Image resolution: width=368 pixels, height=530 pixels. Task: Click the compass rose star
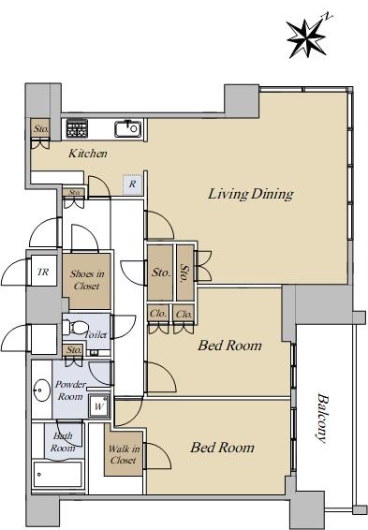(x=307, y=38)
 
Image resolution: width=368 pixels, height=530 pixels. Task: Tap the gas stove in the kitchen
(x=77, y=128)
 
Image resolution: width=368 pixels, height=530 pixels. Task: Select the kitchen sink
(x=127, y=128)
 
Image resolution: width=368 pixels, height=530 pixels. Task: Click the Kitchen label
(x=88, y=154)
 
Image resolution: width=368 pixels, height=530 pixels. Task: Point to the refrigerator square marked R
(x=133, y=184)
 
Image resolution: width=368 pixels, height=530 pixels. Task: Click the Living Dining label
(x=251, y=194)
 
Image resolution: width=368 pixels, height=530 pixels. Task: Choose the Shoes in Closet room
(x=87, y=281)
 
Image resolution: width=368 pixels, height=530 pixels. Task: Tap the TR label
(x=43, y=272)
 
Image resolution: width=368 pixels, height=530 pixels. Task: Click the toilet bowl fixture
(x=76, y=327)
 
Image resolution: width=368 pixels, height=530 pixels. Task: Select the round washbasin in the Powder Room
(x=41, y=390)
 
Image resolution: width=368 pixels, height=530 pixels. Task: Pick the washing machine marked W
(x=99, y=405)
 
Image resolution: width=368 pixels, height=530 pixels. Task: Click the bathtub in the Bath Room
(x=58, y=474)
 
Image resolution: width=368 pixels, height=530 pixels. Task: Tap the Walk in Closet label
(x=124, y=454)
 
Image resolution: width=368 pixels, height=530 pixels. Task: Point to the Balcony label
(x=322, y=418)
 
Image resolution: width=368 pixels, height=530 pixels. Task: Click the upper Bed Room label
(x=229, y=346)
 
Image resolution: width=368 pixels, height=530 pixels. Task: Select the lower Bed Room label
(x=222, y=448)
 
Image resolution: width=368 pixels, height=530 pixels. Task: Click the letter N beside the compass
(x=327, y=16)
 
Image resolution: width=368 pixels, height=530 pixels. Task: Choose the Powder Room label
(x=70, y=390)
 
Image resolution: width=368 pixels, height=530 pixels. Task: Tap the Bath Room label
(x=63, y=442)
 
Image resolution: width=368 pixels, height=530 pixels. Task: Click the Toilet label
(x=96, y=334)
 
